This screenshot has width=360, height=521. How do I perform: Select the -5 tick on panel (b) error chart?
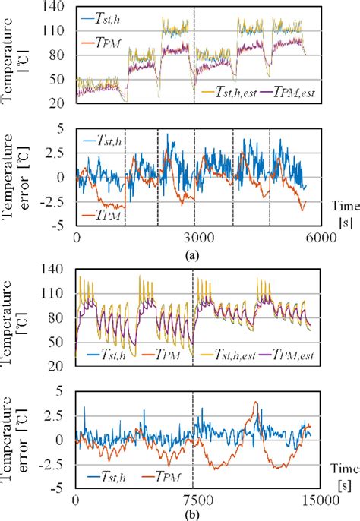pyautogui.click(x=66, y=489)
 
